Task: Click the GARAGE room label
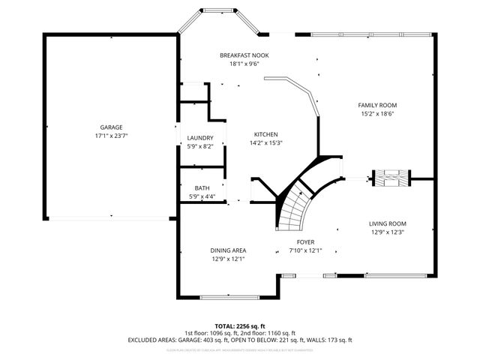click(x=112, y=127)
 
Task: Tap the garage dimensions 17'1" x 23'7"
click(x=112, y=136)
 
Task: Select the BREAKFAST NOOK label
click(x=244, y=55)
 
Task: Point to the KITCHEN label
click(x=265, y=134)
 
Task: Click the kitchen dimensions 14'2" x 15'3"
click(x=265, y=142)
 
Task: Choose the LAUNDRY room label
click(x=200, y=138)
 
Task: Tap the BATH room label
click(x=202, y=188)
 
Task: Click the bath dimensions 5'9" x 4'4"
click(x=202, y=196)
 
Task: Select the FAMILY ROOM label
click(x=376, y=105)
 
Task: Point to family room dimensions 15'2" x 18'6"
click(x=376, y=114)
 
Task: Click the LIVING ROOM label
click(x=387, y=223)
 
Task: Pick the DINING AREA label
click(x=229, y=250)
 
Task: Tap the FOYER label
click(x=305, y=241)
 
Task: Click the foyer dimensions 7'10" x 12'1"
click(x=305, y=250)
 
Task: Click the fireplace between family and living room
click(x=392, y=178)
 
